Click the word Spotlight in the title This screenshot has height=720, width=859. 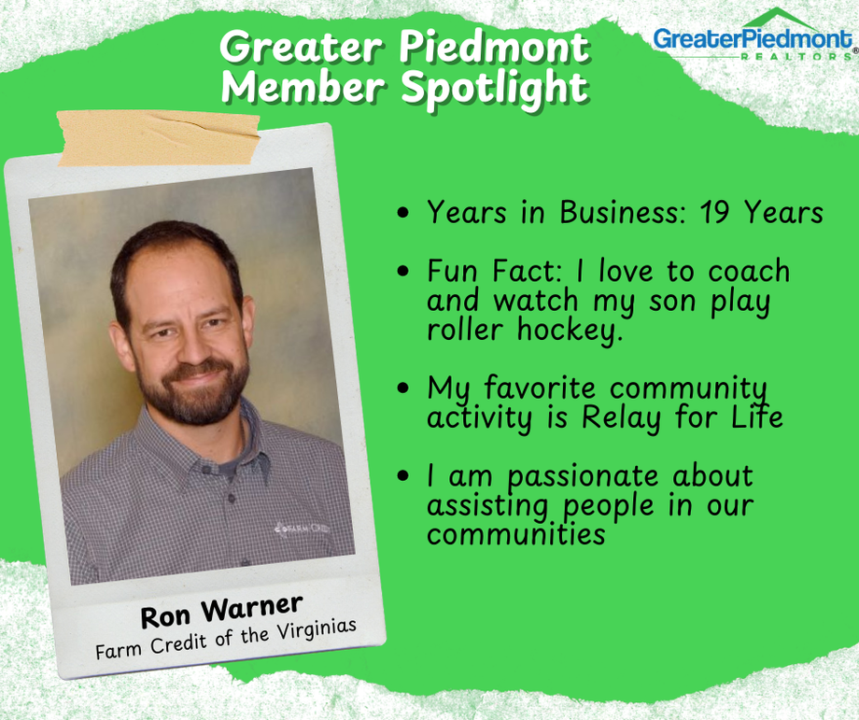tap(495, 87)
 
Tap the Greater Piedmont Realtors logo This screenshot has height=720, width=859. tap(753, 37)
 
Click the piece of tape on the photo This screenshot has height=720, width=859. tap(158, 138)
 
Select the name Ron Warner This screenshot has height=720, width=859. tap(222, 604)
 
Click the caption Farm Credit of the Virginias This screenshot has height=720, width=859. tap(226, 638)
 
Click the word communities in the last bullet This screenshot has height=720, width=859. tap(516, 534)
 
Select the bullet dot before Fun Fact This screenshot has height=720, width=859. tap(403, 272)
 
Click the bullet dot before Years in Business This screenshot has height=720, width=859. tap(403, 214)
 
